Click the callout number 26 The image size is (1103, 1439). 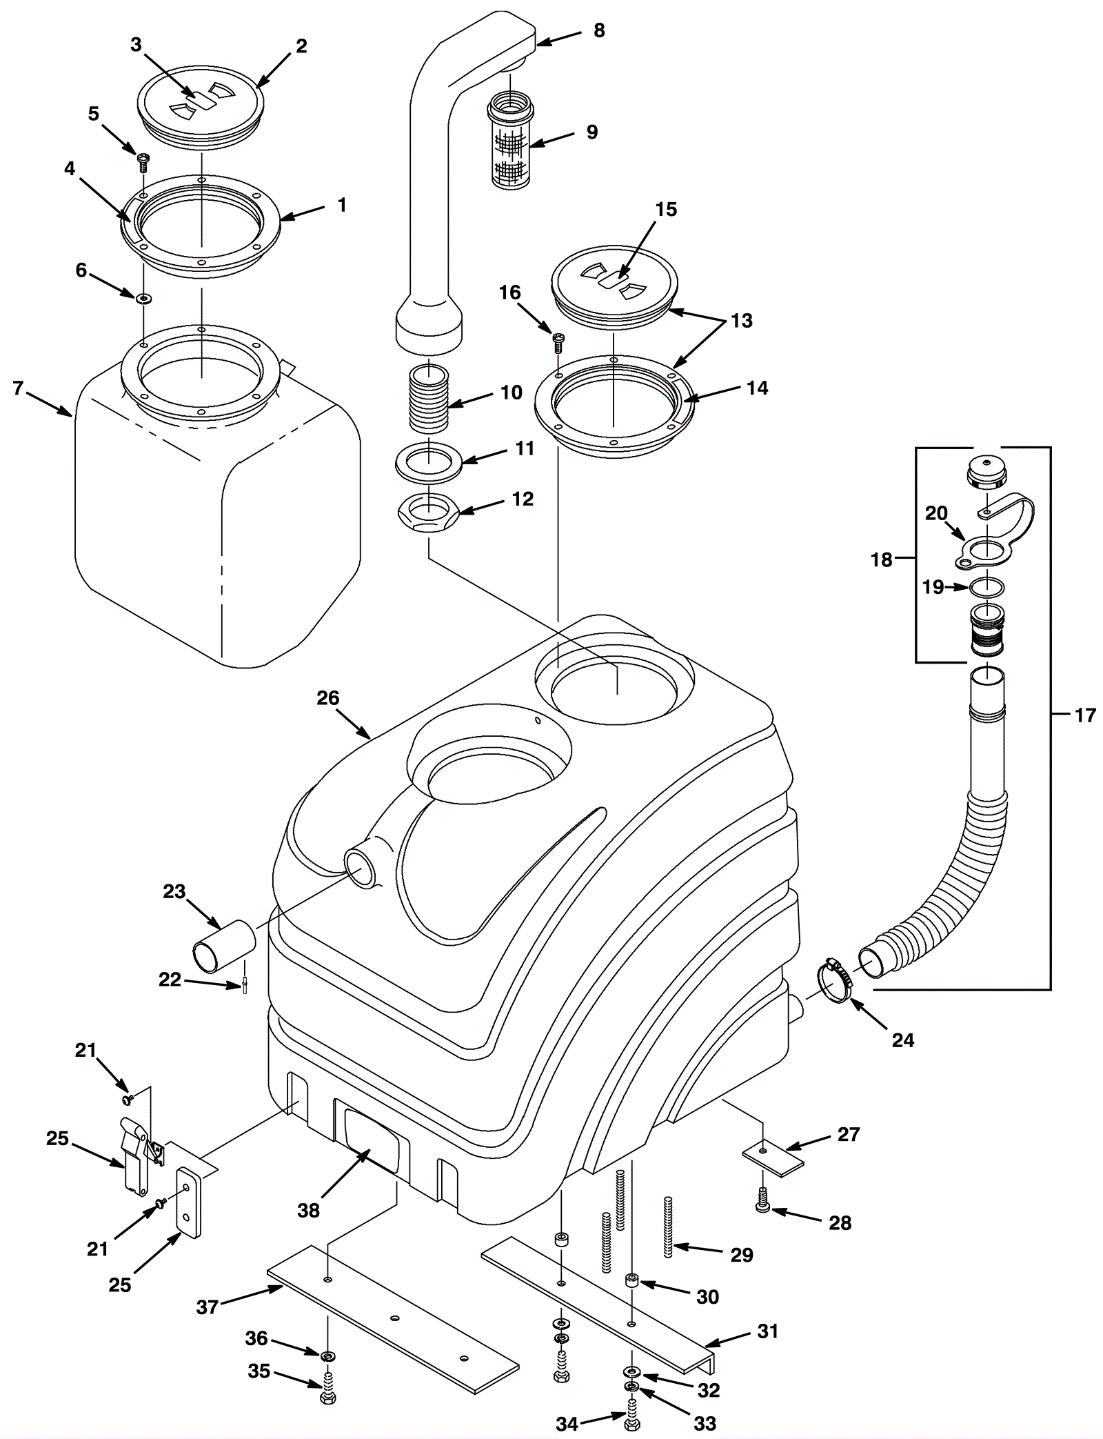pyautogui.click(x=328, y=698)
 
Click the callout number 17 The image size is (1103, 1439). pyautogui.click(x=1085, y=715)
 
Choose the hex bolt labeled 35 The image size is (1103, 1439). pyautogui.click(x=327, y=1395)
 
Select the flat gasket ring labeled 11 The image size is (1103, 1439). pyautogui.click(x=429, y=461)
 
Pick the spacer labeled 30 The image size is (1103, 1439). pyautogui.click(x=631, y=1282)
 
